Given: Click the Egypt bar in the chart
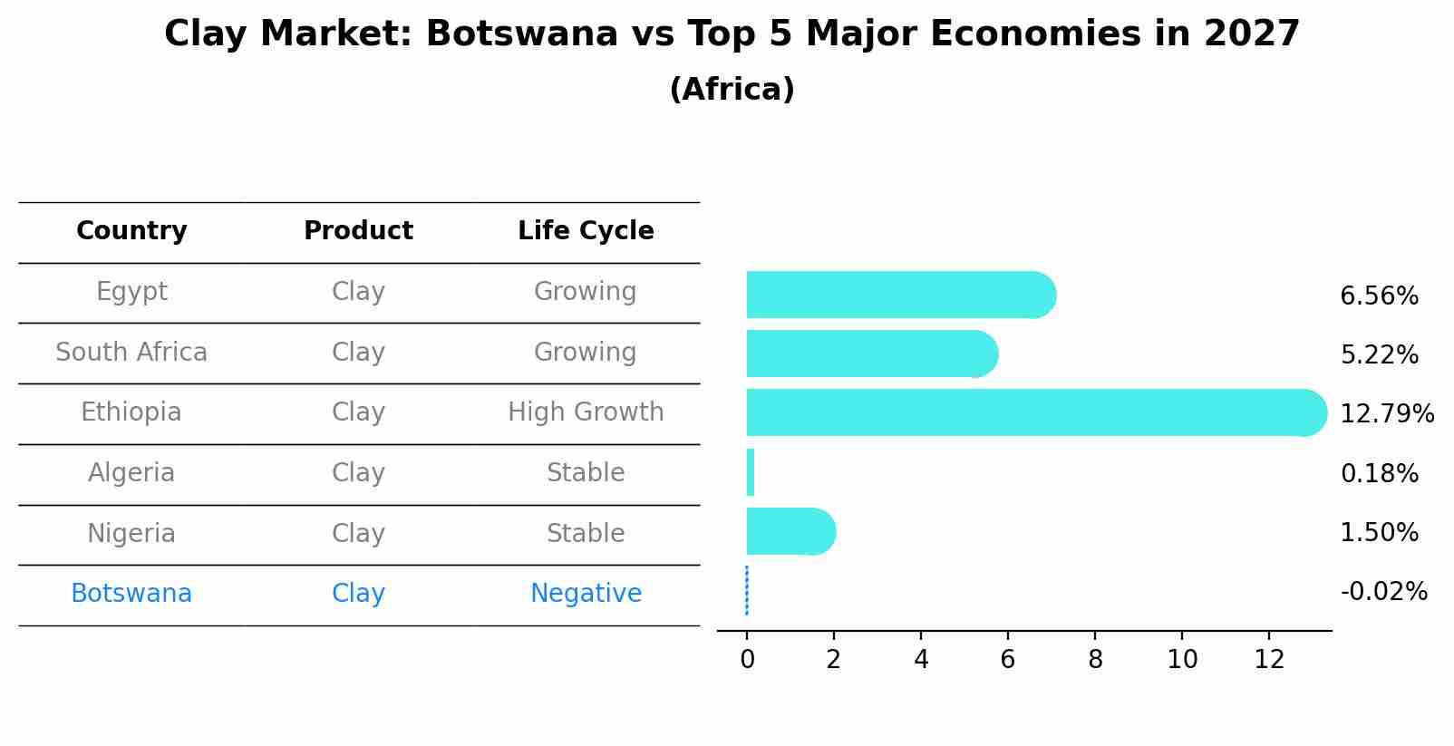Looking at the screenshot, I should [x=897, y=295].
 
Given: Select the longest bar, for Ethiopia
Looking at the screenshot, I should [x=1033, y=412].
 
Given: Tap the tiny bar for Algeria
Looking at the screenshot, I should [x=751, y=472].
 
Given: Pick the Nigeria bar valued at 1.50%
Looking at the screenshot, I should [x=789, y=531].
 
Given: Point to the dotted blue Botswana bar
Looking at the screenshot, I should [x=747, y=591].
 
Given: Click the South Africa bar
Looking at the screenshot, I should [x=870, y=354].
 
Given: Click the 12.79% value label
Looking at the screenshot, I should [x=1386, y=414].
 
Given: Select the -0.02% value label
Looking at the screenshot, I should [x=1383, y=592].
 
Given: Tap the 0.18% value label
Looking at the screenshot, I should [x=1379, y=473].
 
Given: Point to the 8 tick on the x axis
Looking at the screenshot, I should [x=1095, y=660].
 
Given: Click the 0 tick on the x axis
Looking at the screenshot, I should [x=747, y=660].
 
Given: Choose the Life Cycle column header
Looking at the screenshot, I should [x=586, y=231].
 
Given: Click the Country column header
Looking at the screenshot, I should [x=131, y=231].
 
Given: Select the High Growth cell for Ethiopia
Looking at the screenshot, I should [x=586, y=412].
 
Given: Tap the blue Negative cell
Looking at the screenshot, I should [x=586, y=594].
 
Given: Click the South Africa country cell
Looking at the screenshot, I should [x=131, y=353].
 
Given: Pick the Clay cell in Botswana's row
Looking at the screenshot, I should [x=358, y=594].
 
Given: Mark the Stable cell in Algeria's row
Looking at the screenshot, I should [x=586, y=473].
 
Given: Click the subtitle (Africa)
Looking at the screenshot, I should [x=732, y=90].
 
